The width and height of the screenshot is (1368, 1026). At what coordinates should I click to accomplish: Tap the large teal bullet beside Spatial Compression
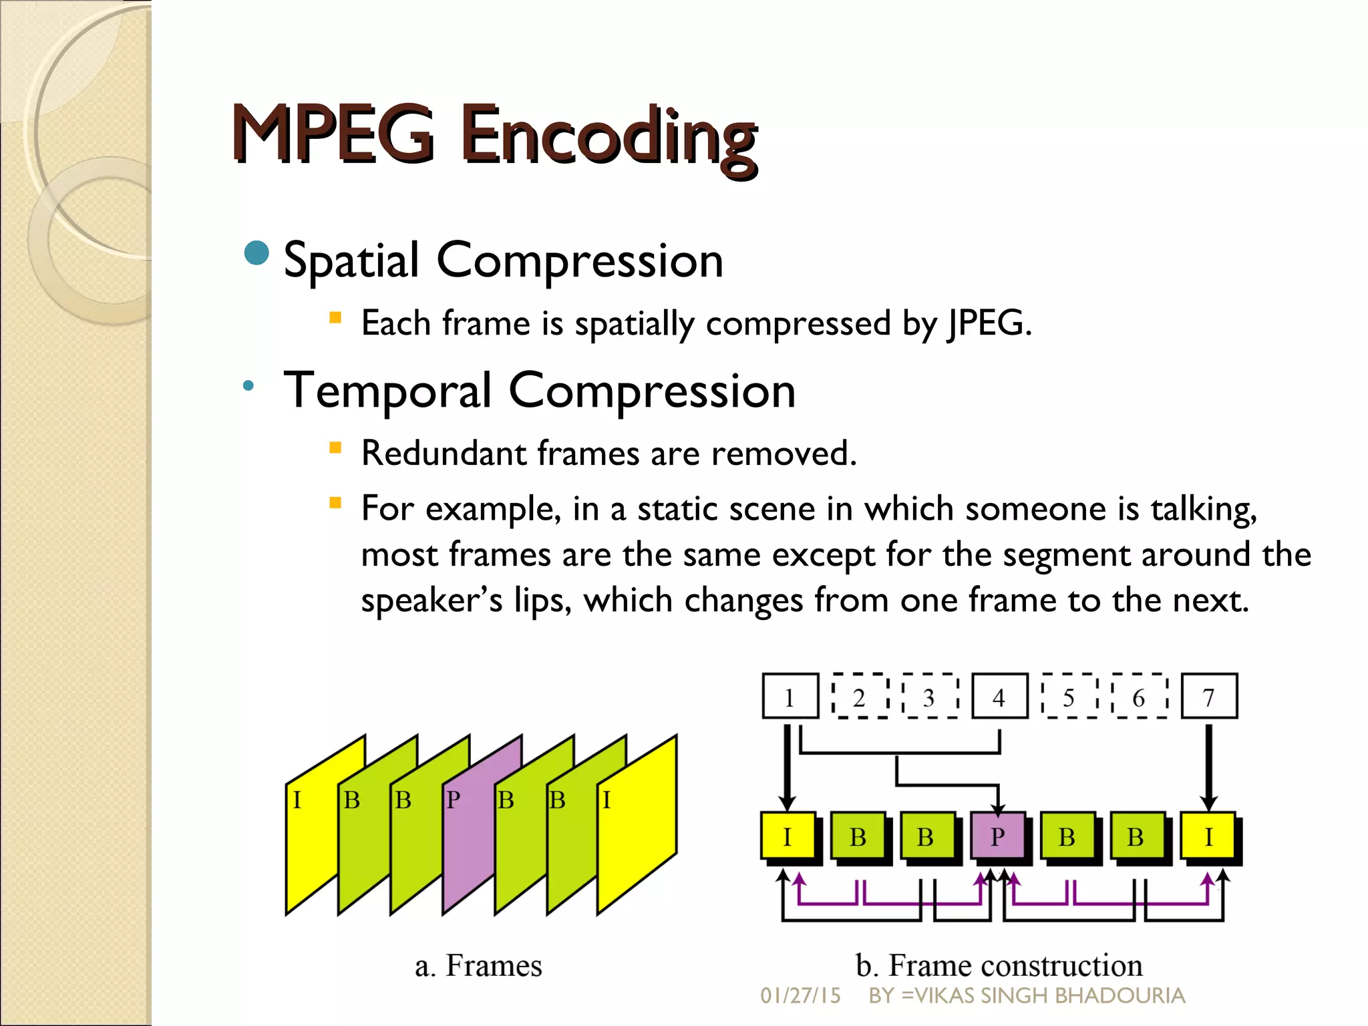point(256,254)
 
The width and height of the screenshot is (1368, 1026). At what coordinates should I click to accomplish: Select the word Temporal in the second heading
point(387,391)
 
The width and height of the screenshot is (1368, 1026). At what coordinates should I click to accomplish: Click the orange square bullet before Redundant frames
point(335,448)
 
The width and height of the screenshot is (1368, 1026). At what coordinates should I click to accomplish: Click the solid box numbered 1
point(790,697)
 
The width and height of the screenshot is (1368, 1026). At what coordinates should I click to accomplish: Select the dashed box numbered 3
point(929,697)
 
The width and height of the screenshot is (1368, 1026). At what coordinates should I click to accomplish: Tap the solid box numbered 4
point(999,697)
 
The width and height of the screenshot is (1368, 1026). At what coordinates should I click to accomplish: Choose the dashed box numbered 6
point(1139,697)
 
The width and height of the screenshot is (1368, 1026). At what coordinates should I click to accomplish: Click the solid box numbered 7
point(1209,697)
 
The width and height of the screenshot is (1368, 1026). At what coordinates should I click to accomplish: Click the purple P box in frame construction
point(997,836)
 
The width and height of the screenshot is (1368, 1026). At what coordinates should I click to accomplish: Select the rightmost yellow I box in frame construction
point(1208,836)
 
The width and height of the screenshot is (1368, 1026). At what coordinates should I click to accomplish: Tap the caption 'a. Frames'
point(478,966)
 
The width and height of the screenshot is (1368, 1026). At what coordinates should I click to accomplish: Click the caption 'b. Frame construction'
point(999,966)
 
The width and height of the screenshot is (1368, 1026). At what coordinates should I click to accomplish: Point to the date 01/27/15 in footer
point(800,996)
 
